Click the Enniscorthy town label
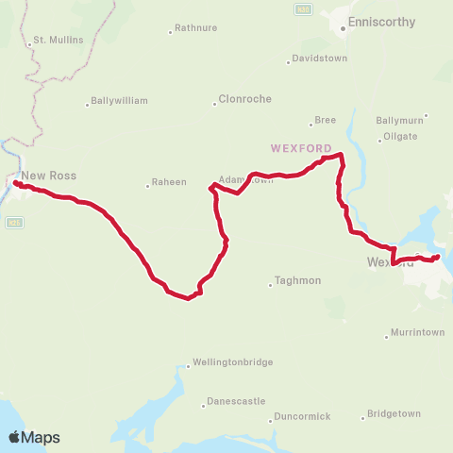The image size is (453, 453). (x=377, y=20)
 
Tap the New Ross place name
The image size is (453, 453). (x=49, y=176)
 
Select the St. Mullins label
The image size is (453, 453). (x=59, y=41)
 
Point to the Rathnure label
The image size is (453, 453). (x=195, y=29)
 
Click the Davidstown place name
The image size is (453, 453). (x=320, y=59)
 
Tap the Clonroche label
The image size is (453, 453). (x=244, y=98)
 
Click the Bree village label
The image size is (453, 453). (x=325, y=120)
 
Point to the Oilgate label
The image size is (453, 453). (x=397, y=138)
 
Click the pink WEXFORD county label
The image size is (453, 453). (x=300, y=148)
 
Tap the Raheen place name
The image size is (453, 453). (x=171, y=182)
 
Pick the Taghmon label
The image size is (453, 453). (x=297, y=280)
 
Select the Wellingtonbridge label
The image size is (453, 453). (x=232, y=362)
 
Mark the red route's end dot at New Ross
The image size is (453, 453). (x=16, y=183)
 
